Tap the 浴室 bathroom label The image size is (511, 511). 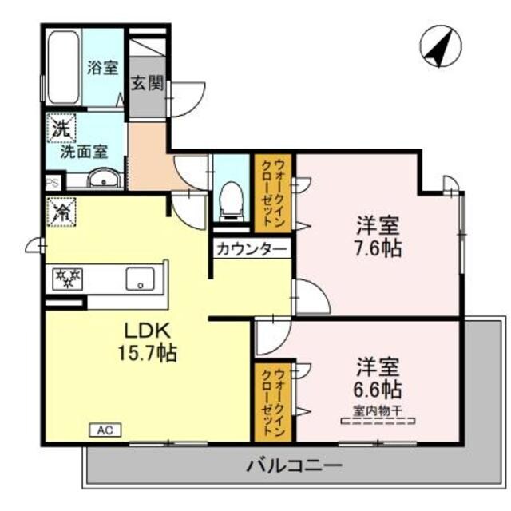point(102,68)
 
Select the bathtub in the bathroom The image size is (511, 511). point(62,68)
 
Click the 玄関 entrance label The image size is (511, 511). point(149,84)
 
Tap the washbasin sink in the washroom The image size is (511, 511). point(103,180)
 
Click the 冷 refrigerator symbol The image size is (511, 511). point(61,213)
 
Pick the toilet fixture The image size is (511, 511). point(231,199)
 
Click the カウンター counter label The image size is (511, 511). point(251,249)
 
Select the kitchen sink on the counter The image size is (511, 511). point(141,279)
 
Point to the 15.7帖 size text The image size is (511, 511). point(145,352)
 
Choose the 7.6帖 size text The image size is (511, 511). point(377,248)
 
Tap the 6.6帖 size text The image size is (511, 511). point(377,390)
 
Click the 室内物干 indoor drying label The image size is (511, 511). point(377,412)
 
